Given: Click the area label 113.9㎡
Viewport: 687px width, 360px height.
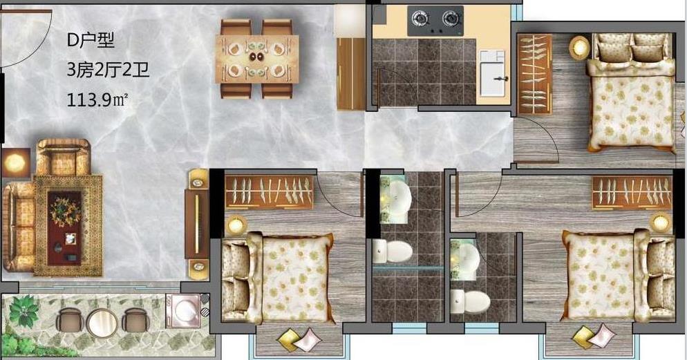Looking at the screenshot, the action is pyautogui.click(x=97, y=100).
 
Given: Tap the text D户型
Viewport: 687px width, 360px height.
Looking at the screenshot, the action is pyautogui.click(x=91, y=41).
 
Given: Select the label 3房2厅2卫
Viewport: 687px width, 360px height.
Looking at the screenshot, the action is pyautogui.click(x=109, y=70).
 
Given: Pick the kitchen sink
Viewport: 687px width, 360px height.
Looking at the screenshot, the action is pyautogui.click(x=493, y=73).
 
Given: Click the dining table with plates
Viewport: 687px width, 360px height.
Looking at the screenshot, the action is pyautogui.click(x=256, y=59).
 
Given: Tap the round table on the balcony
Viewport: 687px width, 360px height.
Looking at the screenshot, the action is pyautogui.click(x=102, y=323).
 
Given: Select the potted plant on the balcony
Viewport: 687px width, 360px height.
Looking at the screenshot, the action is pyautogui.click(x=23, y=310).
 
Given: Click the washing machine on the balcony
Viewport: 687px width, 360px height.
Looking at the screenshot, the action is pyautogui.click(x=182, y=310).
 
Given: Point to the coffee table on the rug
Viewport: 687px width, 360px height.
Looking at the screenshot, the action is pyautogui.click(x=64, y=228).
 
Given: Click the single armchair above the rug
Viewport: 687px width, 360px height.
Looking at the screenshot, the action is pyautogui.click(x=63, y=157).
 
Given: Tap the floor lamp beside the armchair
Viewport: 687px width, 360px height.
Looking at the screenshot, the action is pyautogui.click(x=15, y=162).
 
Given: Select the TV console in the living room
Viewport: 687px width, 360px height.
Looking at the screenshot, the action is pyautogui.click(x=197, y=225).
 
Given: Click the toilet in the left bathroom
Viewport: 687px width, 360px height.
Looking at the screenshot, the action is pyautogui.click(x=393, y=252).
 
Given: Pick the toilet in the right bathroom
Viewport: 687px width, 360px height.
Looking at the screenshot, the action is pyautogui.click(x=470, y=301).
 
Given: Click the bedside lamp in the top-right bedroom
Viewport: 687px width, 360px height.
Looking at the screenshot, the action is pyautogui.click(x=579, y=47).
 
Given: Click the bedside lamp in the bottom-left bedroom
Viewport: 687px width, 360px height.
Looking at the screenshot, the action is pyautogui.click(x=236, y=225).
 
